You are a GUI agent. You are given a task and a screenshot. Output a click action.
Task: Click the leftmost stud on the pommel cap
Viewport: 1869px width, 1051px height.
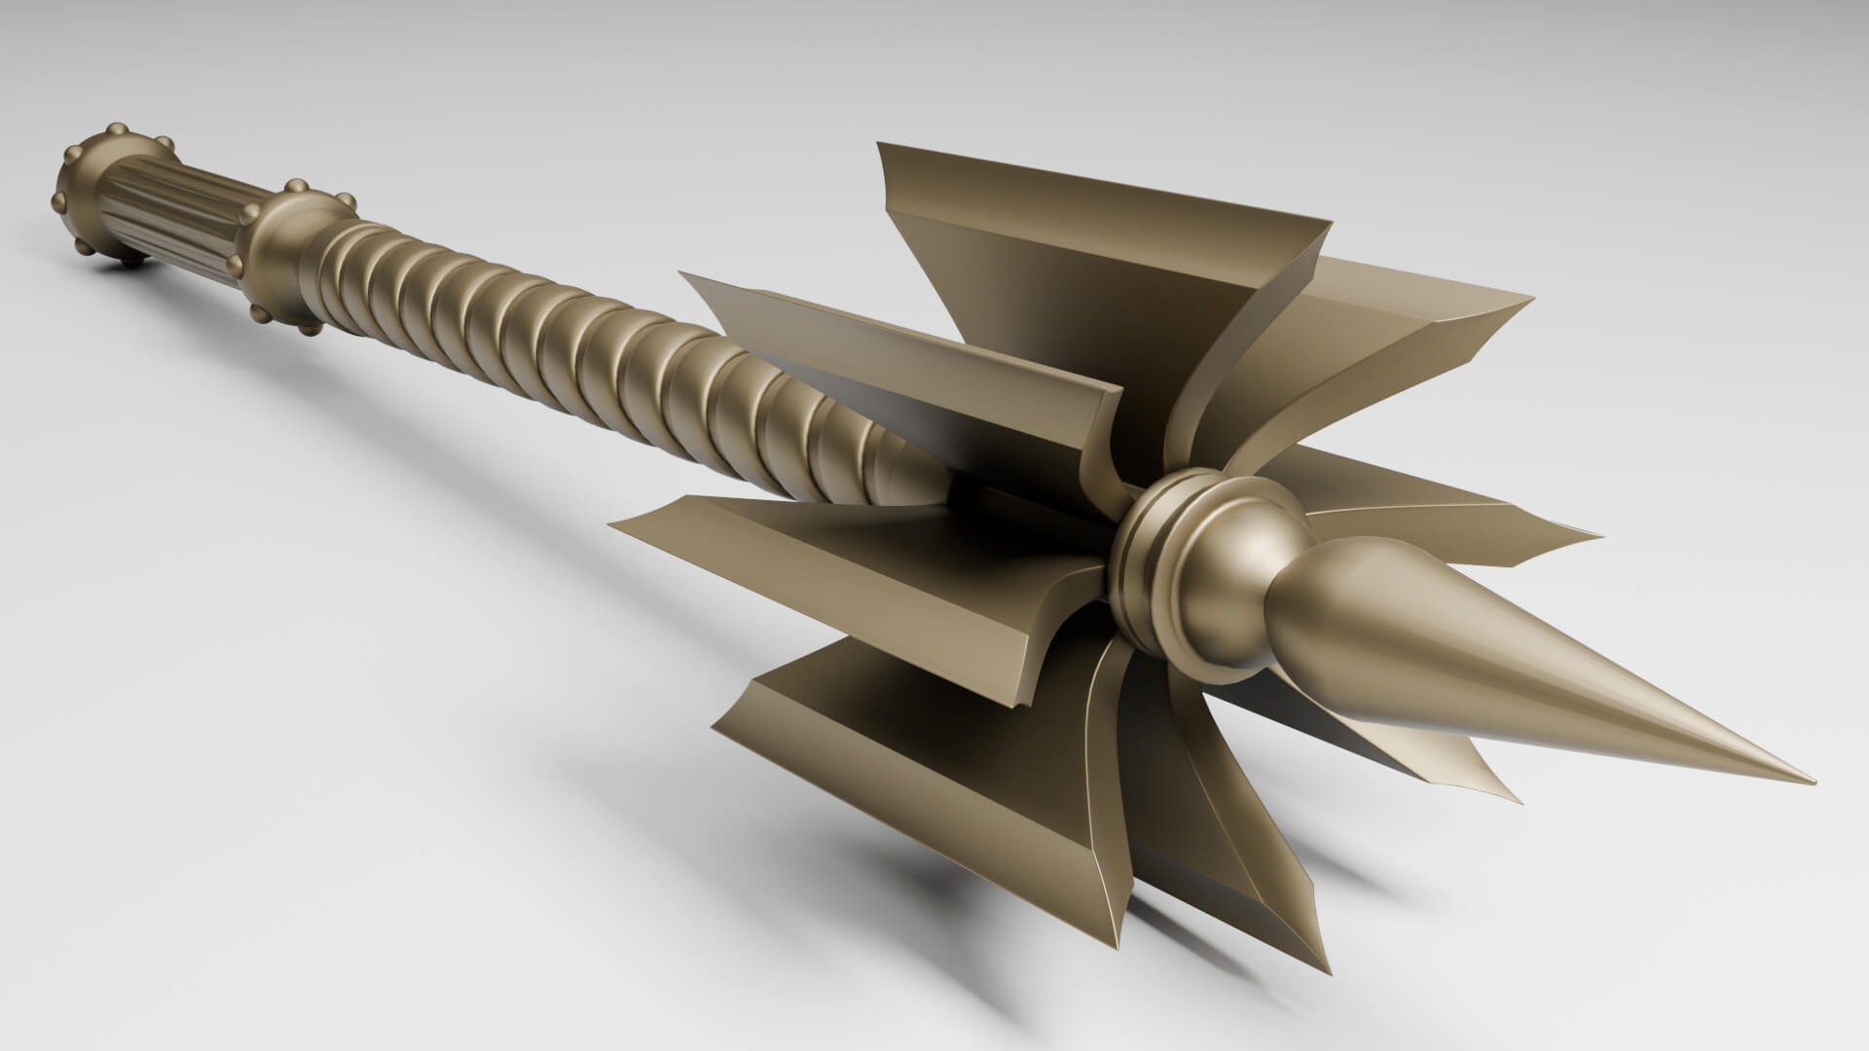coord(57,201)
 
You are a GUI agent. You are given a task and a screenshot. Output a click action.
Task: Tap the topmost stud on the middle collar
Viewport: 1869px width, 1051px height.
coord(292,185)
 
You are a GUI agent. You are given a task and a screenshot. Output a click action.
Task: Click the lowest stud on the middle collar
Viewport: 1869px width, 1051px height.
coord(310,331)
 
